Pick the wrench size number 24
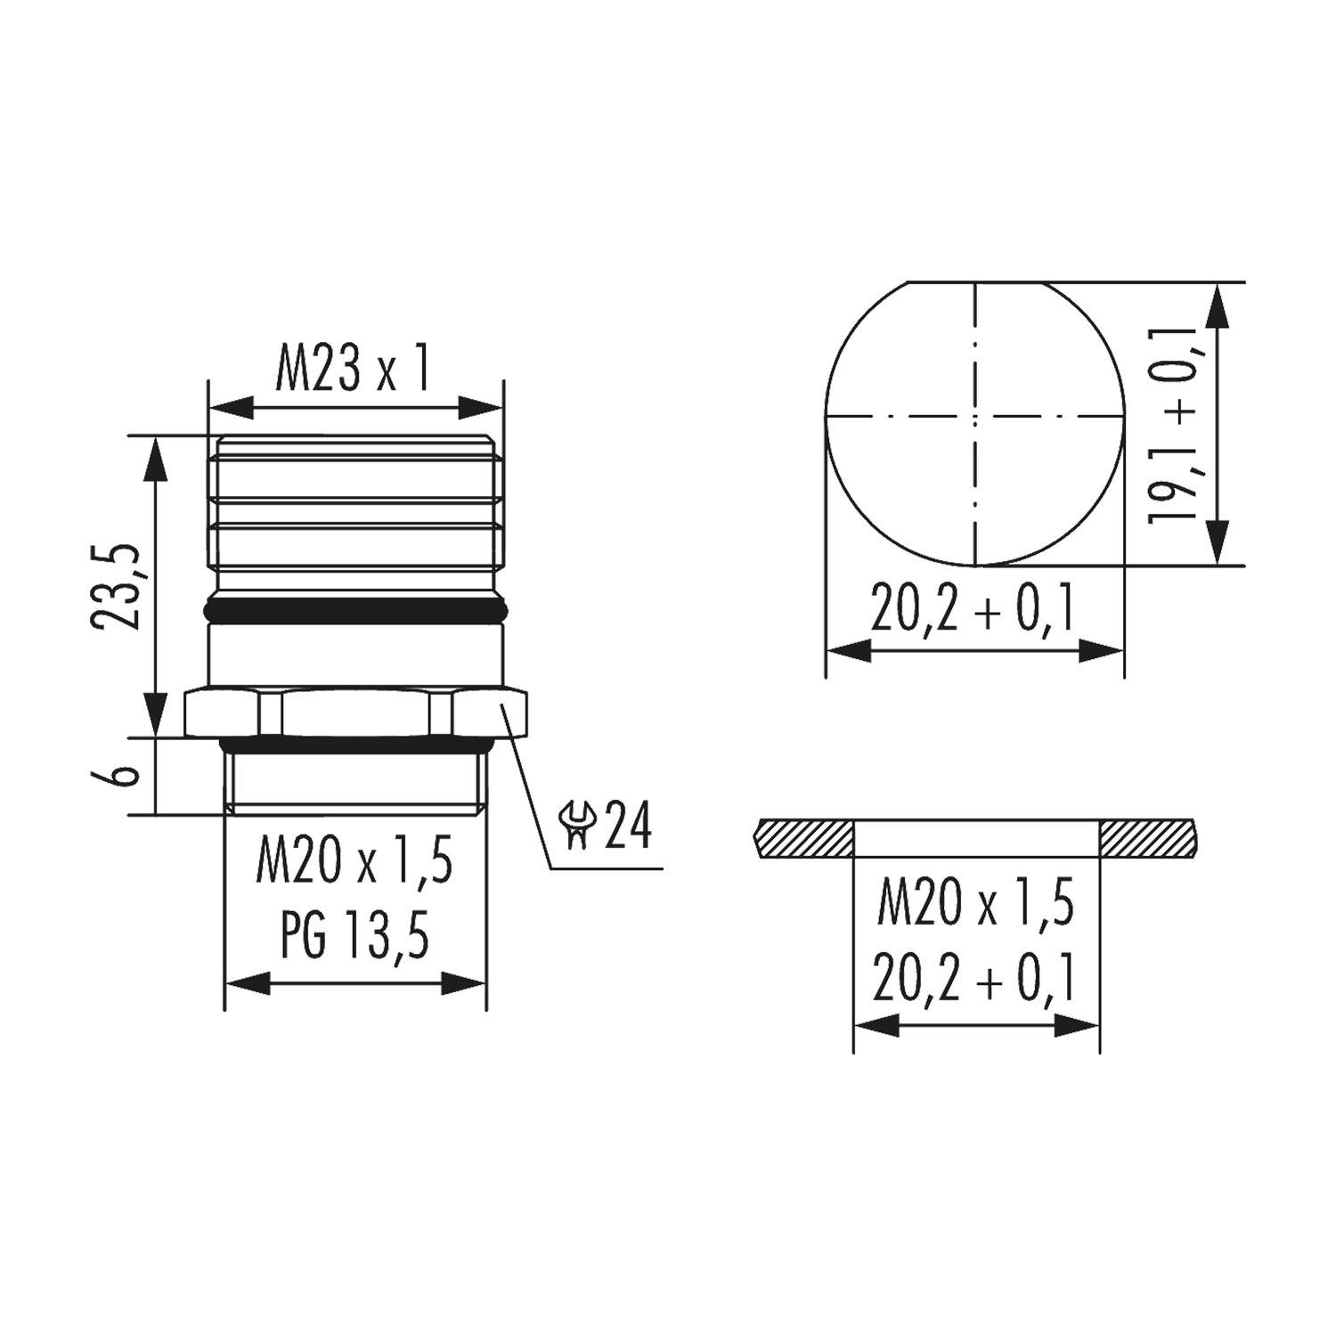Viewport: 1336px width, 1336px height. pos(629,827)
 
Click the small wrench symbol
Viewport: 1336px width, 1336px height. pos(577,825)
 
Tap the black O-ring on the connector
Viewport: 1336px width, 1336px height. pos(356,611)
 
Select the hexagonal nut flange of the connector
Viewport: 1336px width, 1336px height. pos(356,712)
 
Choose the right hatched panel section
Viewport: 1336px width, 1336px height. pos(1149,838)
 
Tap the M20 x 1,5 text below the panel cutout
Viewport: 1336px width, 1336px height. pos(976,903)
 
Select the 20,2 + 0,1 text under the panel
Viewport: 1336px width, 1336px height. pos(976,978)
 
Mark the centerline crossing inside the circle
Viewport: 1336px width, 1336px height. pos(975,416)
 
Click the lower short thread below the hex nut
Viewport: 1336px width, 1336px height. pos(356,778)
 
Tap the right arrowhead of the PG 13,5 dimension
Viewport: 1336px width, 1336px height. pos(465,984)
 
